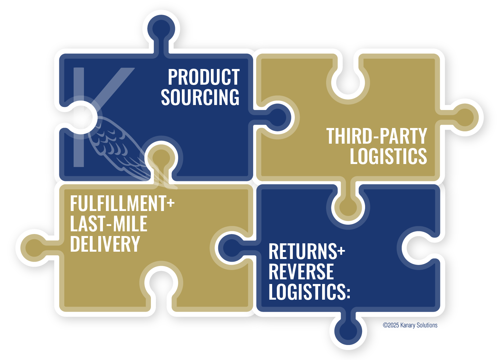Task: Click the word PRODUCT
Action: click(204, 77)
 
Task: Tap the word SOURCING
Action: click(200, 97)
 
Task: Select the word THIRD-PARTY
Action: click(376, 136)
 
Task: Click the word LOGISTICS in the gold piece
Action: click(388, 156)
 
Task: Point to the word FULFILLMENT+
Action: click(122, 204)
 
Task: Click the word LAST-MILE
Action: click(109, 224)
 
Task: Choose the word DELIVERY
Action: click(105, 244)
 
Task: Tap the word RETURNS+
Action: click(306, 252)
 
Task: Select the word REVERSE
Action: click(301, 272)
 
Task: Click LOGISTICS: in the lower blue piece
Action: click(309, 292)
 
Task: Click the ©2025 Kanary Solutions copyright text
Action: click(410, 325)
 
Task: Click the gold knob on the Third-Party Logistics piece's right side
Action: click(465, 117)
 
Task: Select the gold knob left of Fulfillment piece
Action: click(34, 248)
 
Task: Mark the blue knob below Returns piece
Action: click(348, 331)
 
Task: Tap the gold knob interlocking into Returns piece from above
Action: click(348, 207)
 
